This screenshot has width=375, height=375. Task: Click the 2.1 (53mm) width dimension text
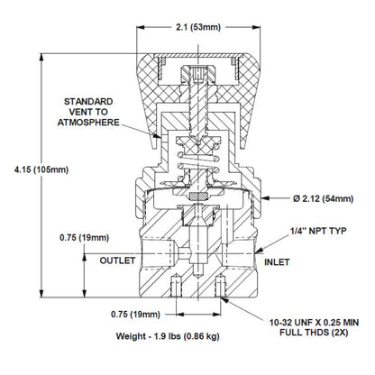(194, 27)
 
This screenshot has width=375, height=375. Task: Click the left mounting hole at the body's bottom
(170, 288)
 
